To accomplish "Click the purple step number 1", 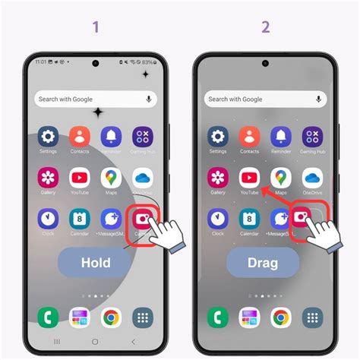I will (96, 27).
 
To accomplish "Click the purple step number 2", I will (265, 27).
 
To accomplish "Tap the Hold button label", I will (96, 263).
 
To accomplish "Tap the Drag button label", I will (263, 263).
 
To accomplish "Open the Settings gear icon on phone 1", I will (49, 137).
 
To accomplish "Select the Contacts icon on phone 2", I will (249, 137).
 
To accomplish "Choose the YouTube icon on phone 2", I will (249, 178).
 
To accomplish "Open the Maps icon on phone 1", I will (111, 178).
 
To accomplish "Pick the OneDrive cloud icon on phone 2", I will (311, 178).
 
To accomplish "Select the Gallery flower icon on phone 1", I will (49, 178).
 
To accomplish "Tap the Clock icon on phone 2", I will (218, 219).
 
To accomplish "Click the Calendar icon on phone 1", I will (80, 219).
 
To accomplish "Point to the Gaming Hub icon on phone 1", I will (142, 137).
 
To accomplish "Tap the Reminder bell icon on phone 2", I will (280, 137).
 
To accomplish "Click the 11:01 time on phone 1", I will (40, 62).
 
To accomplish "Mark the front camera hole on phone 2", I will (265, 63).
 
